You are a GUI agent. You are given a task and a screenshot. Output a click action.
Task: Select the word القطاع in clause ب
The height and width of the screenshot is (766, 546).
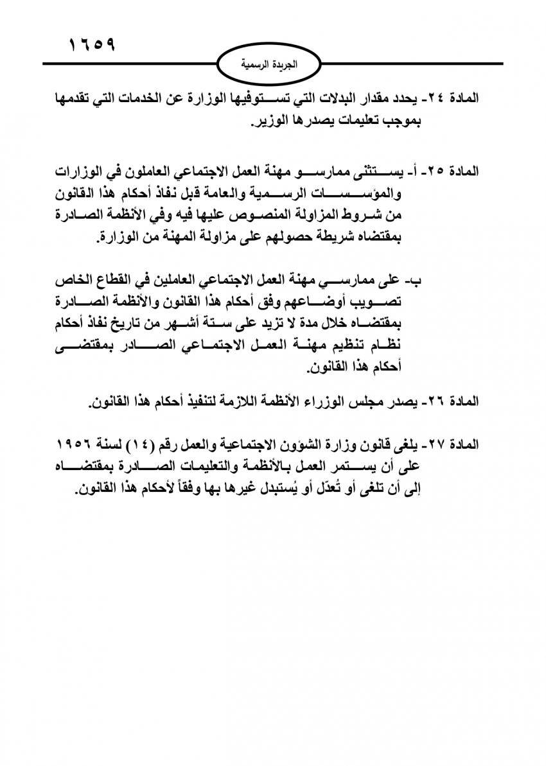pos(118,281)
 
